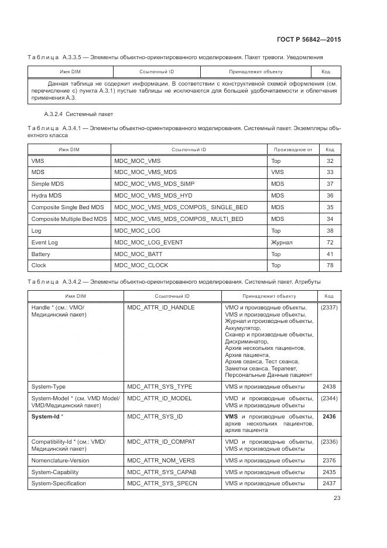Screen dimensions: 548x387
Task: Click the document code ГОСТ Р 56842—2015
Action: pos(309,39)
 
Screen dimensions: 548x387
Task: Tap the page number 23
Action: pos(337,498)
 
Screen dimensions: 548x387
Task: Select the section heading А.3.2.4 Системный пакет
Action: pos(78,114)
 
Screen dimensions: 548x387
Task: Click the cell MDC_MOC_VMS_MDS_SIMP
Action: pos(154,184)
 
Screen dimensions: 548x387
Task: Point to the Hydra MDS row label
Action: pos(46,196)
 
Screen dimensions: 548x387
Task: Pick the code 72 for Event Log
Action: pos(330,243)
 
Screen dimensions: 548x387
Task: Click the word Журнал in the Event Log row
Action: pos(282,243)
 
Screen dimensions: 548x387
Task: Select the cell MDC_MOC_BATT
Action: pos(138,254)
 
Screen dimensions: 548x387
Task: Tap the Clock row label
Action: pos(39,266)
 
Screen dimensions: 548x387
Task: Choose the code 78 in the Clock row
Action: pos(330,266)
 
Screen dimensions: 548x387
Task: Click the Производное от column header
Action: pos(292,150)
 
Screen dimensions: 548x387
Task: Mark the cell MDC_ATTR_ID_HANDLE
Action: pos(160,307)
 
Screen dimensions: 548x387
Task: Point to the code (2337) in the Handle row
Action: pos(329,307)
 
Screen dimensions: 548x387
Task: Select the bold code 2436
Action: pos(329,416)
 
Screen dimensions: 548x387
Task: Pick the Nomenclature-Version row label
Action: pos(60,461)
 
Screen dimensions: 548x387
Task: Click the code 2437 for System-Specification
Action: pos(329,484)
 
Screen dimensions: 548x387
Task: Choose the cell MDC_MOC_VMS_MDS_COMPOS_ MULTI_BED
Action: pos(179,219)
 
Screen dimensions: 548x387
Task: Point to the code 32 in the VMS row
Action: pos(330,161)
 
